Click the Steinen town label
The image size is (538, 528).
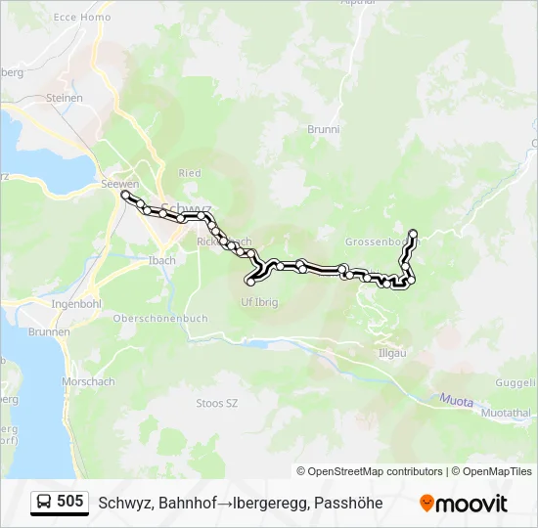(64, 98)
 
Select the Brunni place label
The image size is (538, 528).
(323, 129)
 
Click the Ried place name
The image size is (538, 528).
(190, 173)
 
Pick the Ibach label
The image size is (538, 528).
(162, 260)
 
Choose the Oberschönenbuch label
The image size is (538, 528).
(159, 318)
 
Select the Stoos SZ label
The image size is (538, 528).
(217, 403)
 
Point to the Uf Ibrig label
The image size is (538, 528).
(259, 302)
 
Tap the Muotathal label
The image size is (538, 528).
(506, 414)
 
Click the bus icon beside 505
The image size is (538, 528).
(44, 503)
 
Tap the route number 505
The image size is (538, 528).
(70, 503)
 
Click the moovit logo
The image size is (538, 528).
(464, 504)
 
